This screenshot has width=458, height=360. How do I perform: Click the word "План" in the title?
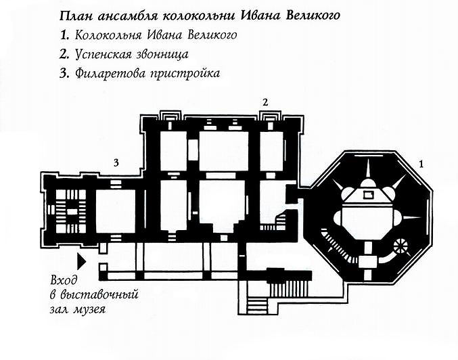[x=75, y=16]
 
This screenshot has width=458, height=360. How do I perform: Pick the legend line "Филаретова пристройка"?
[x=147, y=72]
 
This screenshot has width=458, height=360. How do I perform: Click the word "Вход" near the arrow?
[x=64, y=281]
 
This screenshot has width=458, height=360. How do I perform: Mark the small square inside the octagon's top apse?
[x=368, y=195]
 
